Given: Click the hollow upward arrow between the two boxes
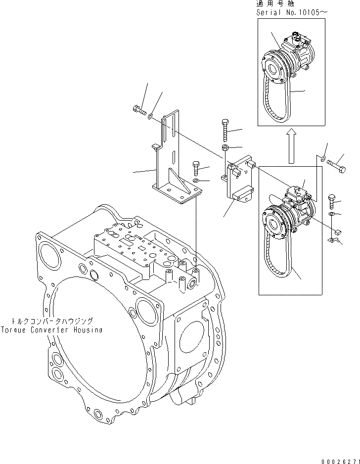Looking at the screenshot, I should coord(292,147).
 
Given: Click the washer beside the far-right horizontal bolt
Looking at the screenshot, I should coord(322,159).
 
